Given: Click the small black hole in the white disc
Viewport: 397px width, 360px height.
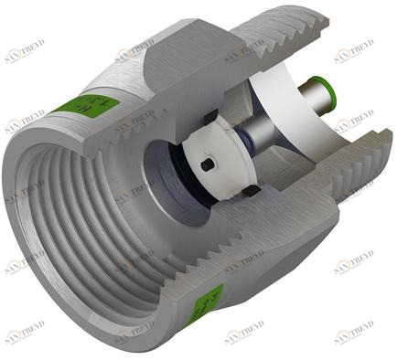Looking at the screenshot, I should [209, 164].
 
